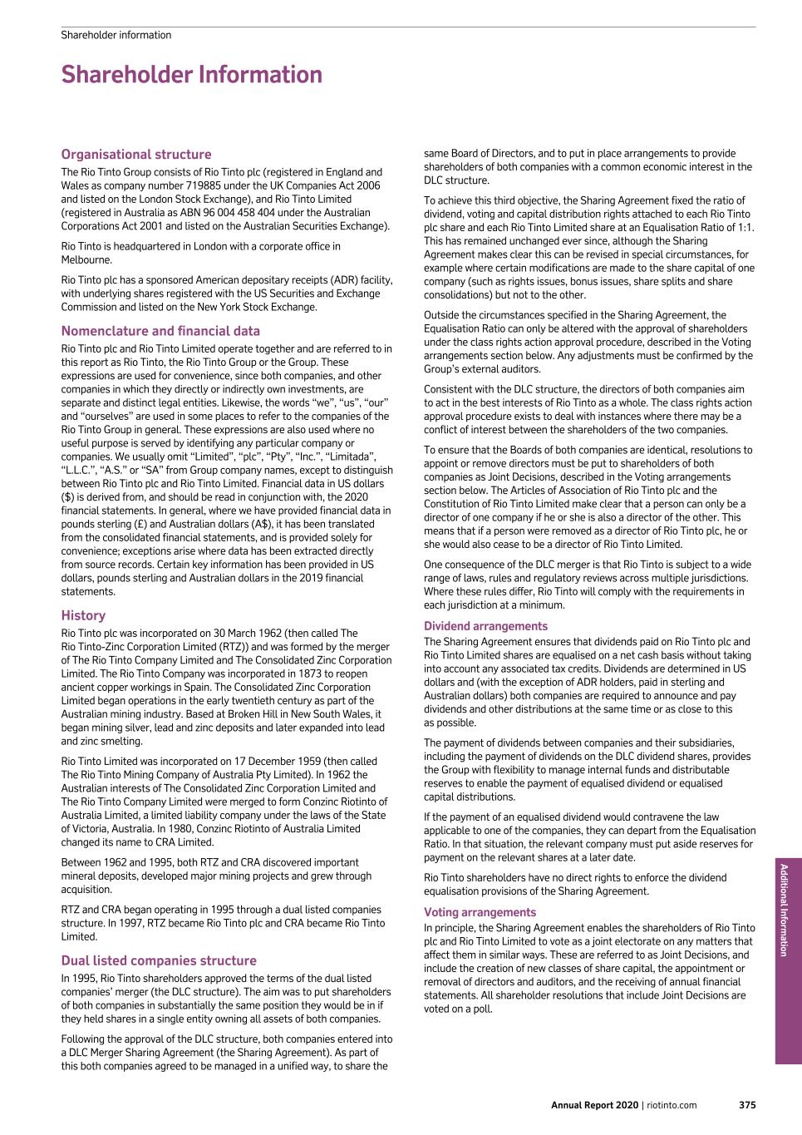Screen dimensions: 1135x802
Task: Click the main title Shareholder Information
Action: (191, 75)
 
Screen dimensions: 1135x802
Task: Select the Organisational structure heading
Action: (136, 154)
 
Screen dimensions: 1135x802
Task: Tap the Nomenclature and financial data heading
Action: (160, 330)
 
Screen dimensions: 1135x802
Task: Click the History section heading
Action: (83, 615)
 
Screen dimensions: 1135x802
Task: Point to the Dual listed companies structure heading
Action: (159, 960)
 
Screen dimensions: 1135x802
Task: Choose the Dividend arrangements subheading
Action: (485, 626)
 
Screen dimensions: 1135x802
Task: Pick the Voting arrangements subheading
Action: (480, 912)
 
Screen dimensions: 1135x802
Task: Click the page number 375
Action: (747, 1105)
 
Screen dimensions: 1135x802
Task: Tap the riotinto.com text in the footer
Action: (671, 1105)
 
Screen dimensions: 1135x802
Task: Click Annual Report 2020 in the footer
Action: (593, 1105)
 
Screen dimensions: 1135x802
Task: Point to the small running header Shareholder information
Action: (116, 35)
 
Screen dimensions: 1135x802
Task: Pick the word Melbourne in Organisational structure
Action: (86, 259)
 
